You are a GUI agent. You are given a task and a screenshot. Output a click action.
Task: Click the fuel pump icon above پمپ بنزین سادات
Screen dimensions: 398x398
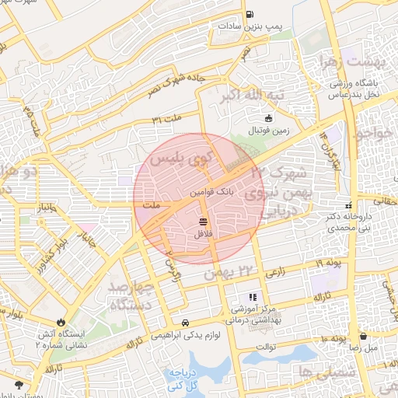(x=249, y=14)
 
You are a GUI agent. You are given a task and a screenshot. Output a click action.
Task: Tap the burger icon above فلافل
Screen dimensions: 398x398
(x=203, y=221)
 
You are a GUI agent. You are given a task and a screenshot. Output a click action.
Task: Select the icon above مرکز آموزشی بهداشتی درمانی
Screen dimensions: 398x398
(x=251, y=297)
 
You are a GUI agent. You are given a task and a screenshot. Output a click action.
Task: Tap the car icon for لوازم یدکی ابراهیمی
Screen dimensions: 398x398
(x=185, y=322)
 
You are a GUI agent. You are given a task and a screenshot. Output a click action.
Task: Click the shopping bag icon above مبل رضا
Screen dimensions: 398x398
(x=364, y=337)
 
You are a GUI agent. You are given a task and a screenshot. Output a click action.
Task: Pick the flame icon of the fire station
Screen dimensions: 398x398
(x=61, y=322)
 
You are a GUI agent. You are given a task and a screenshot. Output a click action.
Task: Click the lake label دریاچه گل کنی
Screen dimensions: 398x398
(x=184, y=379)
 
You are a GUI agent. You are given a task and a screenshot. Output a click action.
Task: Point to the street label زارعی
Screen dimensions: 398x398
(x=277, y=274)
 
